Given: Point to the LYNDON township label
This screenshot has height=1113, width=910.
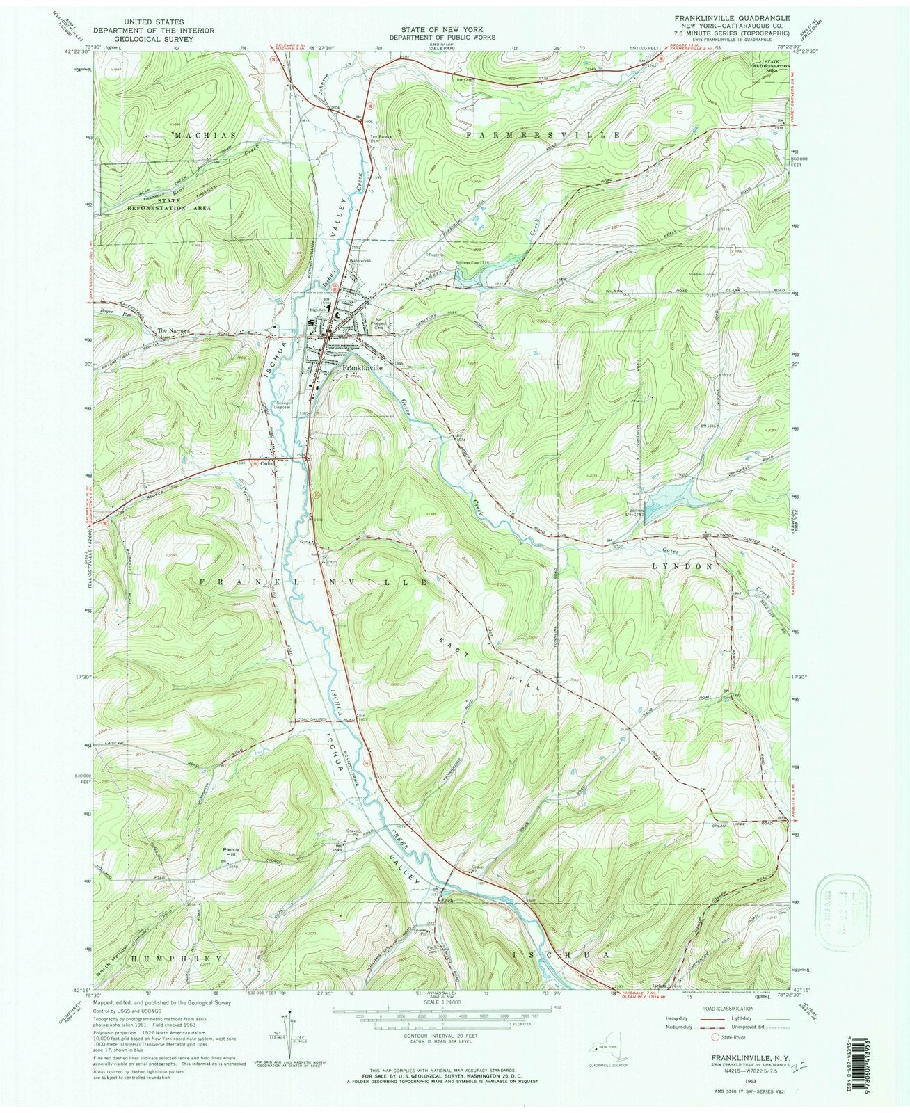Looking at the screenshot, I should point(682,566).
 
